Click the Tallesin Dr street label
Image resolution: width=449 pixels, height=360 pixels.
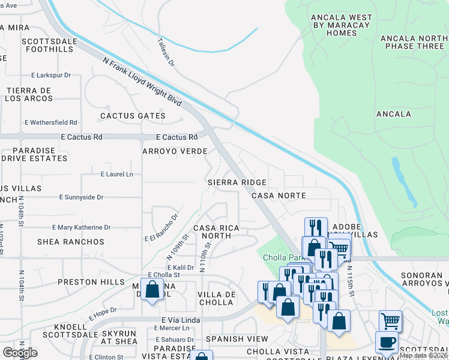click(x=166, y=52)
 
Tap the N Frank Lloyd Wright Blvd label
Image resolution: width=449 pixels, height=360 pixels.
click(x=142, y=82)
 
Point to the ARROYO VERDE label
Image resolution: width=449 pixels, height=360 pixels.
click(x=175, y=152)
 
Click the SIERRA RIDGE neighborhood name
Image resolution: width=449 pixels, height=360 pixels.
click(x=237, y=182)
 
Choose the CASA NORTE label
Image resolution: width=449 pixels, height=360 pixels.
click(x=279, y=196)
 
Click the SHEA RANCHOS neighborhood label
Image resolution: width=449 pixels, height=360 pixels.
click(x=71, y=242)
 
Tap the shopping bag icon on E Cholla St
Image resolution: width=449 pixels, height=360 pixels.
click(x=152, y=290)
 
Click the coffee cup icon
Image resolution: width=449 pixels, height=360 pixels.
click(x=387, y=343)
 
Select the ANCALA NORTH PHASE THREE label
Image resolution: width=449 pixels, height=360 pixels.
click(x=414, y=42)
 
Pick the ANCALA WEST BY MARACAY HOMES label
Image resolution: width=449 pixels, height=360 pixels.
click(x=341, y=25)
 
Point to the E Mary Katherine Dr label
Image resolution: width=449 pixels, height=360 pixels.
click(x=82, y=227)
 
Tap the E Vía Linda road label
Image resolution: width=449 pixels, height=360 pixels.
click(x=180, y=320)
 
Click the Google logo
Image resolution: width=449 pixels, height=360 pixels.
click(x=20, y=353)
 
